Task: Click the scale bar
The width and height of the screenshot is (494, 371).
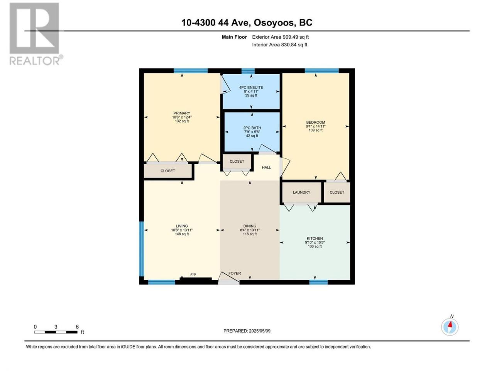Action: tap(56, 332)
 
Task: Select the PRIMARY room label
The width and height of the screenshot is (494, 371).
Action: tap(182, 113)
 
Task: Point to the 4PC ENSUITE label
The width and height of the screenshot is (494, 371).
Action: tap(251, 87)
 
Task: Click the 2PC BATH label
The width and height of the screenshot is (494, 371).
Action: tap(252, 128)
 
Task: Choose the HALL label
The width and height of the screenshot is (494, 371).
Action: tap(266, 167)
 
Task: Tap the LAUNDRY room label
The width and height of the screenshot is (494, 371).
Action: tap(301, 192)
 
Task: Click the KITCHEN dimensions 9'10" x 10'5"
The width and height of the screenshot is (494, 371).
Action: tap(315, 242)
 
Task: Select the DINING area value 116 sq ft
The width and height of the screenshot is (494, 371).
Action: tap(250, 234)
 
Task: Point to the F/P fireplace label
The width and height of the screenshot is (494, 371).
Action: tap(193, 275)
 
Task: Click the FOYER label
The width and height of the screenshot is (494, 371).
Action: tap(235, 273)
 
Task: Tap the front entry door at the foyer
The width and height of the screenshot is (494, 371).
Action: tap(228, 282)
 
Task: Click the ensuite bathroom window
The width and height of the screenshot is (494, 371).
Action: tap(248, 71)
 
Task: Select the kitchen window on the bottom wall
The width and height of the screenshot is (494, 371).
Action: tap(318, 282)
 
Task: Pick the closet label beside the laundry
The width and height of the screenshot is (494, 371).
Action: tap(337, 192)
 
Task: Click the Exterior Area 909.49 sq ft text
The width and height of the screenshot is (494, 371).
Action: tap(281, 37)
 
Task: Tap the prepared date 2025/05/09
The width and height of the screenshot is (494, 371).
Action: tap(259, 331)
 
